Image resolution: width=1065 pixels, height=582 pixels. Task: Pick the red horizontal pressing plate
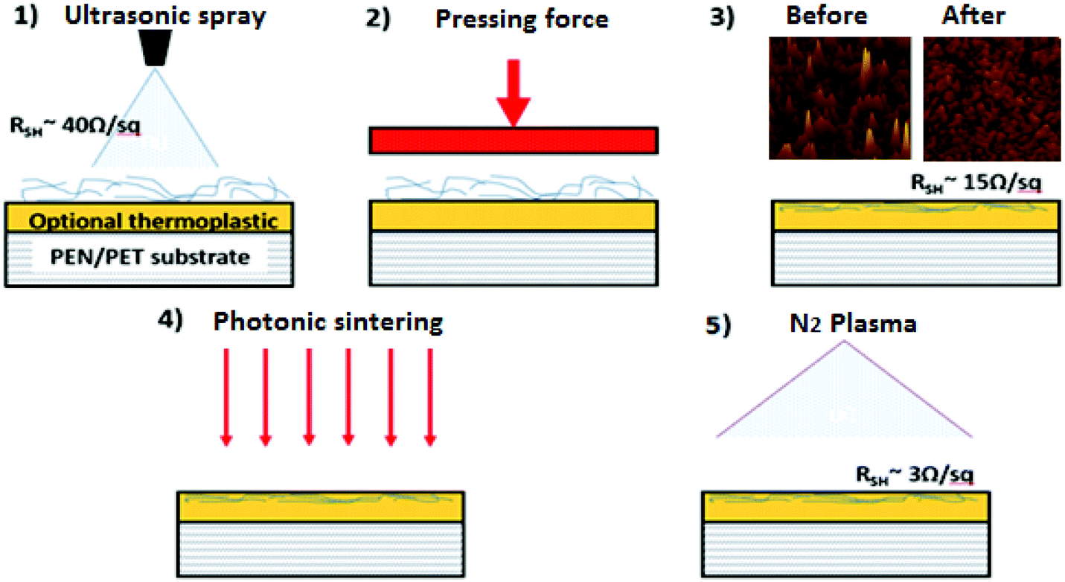513,140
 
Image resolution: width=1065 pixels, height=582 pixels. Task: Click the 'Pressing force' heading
522,19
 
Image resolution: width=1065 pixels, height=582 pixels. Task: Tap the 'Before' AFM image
839,98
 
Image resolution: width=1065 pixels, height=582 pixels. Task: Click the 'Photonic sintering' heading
328,322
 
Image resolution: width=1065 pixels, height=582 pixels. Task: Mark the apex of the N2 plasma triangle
845,342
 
